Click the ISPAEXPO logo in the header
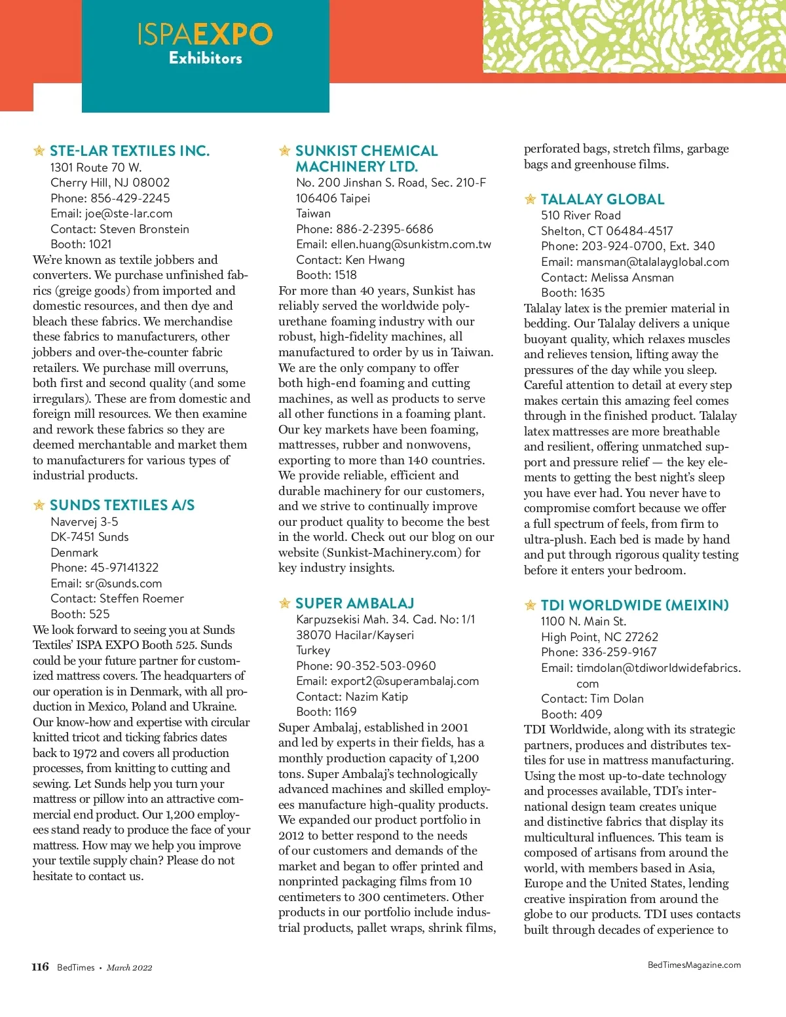pos(205,34)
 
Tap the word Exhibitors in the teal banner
pos(206,58)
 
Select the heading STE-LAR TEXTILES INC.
pos(130,151)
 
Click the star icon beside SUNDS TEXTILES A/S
pos(39,505)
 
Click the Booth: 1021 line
pos(81,244)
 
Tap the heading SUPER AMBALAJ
pos(354,603)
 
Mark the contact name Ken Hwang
pos(375,260)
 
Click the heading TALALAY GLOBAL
pos(602,200)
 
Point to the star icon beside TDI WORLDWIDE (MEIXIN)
pos(530,606)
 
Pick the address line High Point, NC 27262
pos(599,637)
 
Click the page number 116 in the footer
pos(40,967)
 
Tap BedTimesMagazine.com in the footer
pos(694,965)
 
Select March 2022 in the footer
pos(129,967)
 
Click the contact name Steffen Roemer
pos(141,599)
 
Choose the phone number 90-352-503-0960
pos(386,665)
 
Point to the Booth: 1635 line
pos(572,293)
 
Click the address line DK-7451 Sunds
pos(90,537)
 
